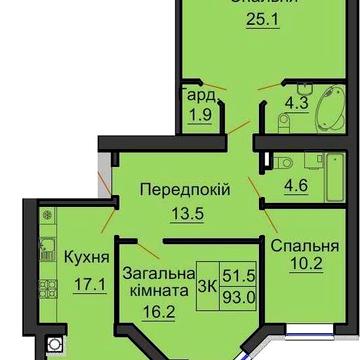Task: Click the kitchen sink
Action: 45,251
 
